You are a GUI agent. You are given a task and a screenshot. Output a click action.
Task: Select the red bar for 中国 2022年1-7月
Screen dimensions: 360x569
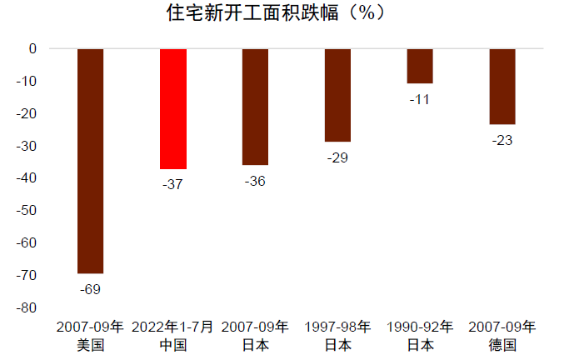click(x=172, y=108)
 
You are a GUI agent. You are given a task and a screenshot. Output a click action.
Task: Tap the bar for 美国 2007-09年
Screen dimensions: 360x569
click(x=90, y=161)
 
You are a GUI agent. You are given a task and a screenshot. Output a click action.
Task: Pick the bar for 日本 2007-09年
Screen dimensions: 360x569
click(x=255, y=107)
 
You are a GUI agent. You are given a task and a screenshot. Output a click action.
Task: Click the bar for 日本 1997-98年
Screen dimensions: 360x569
click(x=337, y=95)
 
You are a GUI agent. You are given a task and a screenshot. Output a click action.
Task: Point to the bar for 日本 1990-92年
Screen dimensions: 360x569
click(x=420, y=66)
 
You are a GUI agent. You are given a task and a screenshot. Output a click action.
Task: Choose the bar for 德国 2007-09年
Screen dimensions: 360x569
click(x=502, y=86)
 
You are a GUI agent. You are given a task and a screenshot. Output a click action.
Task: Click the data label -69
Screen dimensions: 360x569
click(x=90, y=289)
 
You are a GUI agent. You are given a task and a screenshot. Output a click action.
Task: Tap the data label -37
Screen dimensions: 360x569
click(x=172, y=184)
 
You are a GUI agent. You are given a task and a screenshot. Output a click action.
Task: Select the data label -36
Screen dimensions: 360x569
click(x=255, y=181)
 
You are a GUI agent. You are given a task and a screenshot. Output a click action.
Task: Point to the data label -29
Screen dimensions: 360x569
click(x=337, y=157)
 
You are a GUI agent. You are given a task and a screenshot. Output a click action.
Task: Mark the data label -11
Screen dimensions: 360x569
click(x=420, y=99)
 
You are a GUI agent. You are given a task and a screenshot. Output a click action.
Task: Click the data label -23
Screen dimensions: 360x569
click(x=502, y=139)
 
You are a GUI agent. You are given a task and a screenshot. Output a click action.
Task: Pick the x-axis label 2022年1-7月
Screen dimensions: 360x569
click(x=172, y=326)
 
